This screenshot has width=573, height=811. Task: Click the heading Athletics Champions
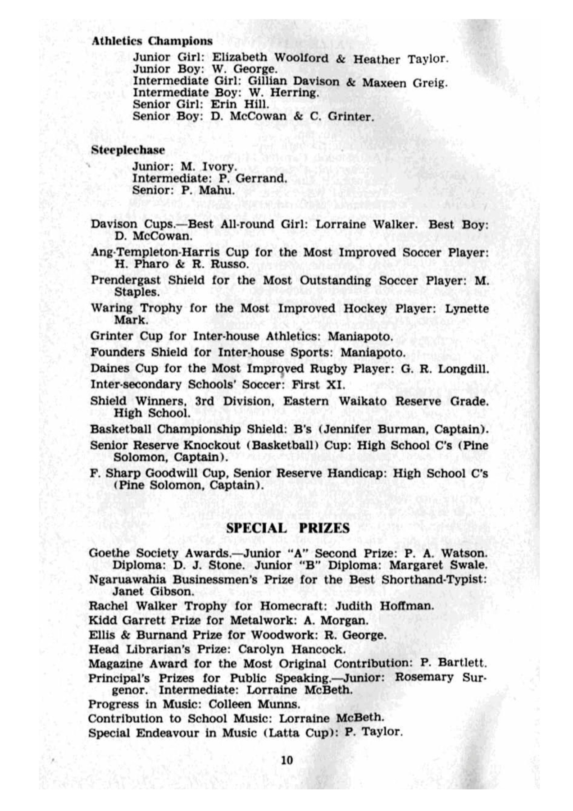tap(152, 41)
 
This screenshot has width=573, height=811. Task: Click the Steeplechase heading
tap(128, 150)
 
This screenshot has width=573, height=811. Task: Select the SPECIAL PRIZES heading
tap(287, 528)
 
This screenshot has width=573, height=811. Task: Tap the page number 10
tap(287, 760)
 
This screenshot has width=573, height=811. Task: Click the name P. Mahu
tap(208, 190)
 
